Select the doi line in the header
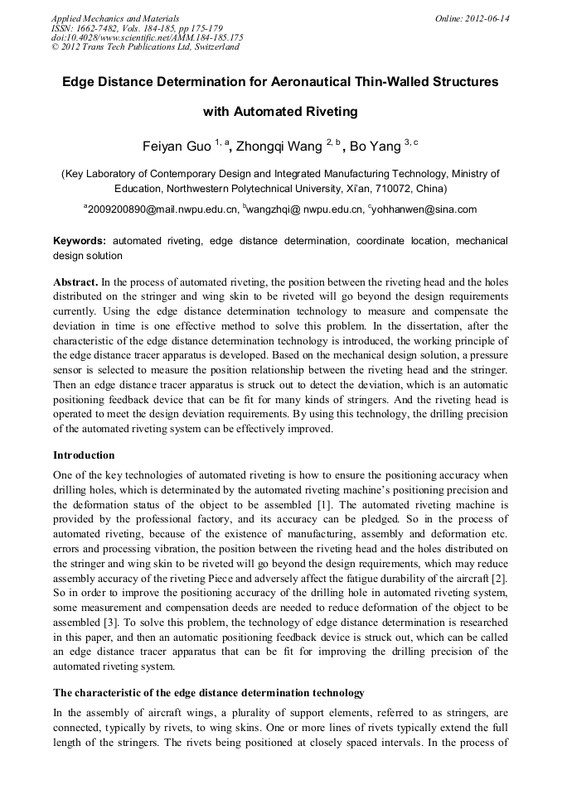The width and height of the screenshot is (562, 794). (147, 38)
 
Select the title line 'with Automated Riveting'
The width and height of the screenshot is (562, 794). (280, 111)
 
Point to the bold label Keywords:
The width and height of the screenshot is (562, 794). (80, 241)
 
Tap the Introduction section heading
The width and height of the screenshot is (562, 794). (84, 455)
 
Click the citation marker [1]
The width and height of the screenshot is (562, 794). (326, 504)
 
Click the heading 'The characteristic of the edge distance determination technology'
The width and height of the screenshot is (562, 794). (208, 692)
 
